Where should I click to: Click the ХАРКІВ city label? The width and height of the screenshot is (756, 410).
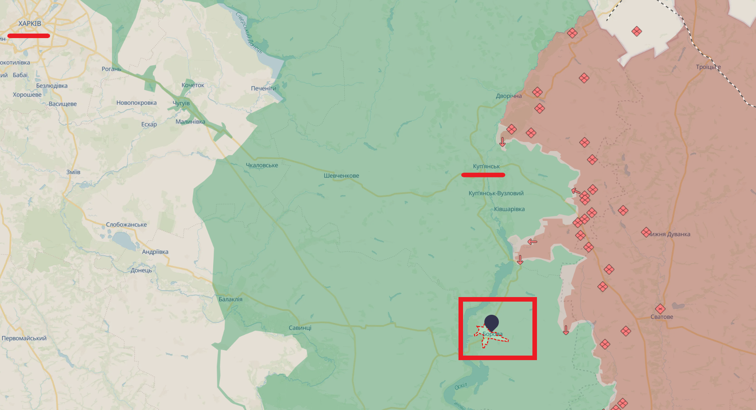(x=29, y=24)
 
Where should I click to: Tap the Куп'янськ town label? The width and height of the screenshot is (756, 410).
(x=486, y=166)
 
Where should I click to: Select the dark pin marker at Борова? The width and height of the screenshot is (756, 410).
(x=492, y=323)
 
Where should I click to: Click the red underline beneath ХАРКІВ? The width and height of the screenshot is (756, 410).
(x=29, y=36)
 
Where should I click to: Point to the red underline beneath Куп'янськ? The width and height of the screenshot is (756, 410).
(x=483, y=175)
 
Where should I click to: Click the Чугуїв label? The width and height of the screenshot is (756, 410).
(x=181, y=103)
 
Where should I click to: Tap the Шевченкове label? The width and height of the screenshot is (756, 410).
(x=341, y=176)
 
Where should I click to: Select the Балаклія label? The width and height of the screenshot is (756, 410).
(x=230, y=299)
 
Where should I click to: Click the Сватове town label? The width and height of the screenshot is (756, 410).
(x=662, y=317)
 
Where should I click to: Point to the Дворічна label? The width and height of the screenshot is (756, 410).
(x=509, y=96)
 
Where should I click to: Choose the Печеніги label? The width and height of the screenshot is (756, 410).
(x=263, y=88)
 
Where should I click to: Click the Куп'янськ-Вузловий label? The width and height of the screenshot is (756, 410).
(x=496, y=194)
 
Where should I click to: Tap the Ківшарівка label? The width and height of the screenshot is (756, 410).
(x=509, y=210)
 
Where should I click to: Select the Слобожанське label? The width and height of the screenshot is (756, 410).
(x=127, y=225)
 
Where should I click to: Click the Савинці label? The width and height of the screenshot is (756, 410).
(x=300, y=328)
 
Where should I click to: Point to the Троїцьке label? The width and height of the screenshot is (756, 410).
(x=708, y=67)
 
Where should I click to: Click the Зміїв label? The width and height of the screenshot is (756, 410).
(x=73, y=172)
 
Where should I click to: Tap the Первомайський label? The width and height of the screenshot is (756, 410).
(x=24, y=338)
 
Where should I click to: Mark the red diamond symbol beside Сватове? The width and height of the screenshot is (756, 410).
(x=660, y=309)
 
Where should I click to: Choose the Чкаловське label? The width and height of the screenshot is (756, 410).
(x=262, y=166)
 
